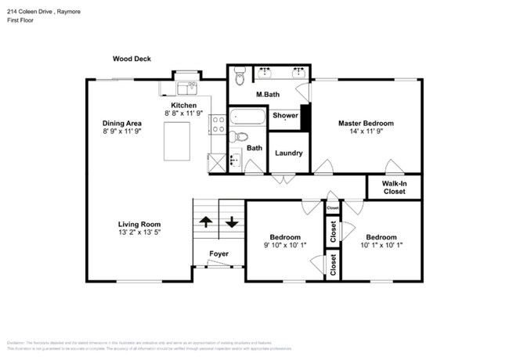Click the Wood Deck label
coord(132,59)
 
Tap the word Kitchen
coord(184,106)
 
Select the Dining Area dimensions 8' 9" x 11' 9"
coord(122,132)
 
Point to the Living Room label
coord(139,223)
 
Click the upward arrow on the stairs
coord(206,221)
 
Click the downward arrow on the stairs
coord(232,221)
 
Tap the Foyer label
coord(218,254)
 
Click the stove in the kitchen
coord(217,123)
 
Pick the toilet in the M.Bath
coord(240,77)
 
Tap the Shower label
coord(285,116)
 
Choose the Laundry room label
coord(288,153)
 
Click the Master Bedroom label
coord(366,123)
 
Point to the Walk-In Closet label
coord(394,187)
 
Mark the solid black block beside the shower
coord(305,117)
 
